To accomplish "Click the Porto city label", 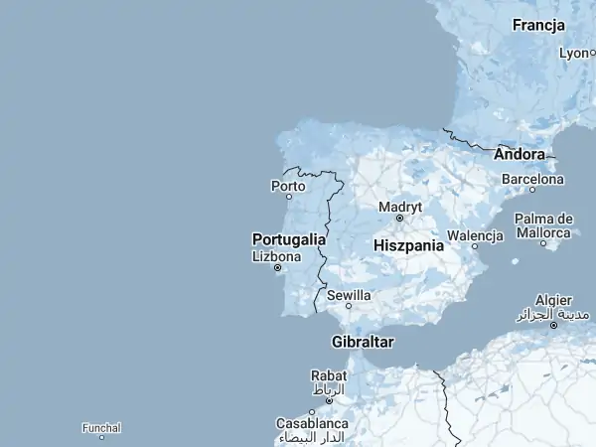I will click(x=288, y=185).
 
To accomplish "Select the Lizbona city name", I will click(x=277, y=255).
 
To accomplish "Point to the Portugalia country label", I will click(x=289, y=239).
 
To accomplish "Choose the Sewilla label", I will click(x=349, y=295).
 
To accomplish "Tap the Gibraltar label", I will click(x=363, y=342).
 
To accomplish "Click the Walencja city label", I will click(x=476, y=235).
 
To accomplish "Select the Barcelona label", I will click(x=532, y=179).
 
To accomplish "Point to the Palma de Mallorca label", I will click(x=543, y=224).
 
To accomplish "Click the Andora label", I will click(x=520, y=154).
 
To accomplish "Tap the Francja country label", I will click(x=539, y=25).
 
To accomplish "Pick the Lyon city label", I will click(x=575, y=53).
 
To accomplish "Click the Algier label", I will click(x=553, y=300).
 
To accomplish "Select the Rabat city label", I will click(x=329, y=375).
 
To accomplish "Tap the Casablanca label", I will click(x=313, y=423).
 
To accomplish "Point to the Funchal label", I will click(x=102, y=428).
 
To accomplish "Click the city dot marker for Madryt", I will click(x=399, y=218).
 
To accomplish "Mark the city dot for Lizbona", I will click(x=277, y=267).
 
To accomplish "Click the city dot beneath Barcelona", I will click(x=532, y=189).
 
